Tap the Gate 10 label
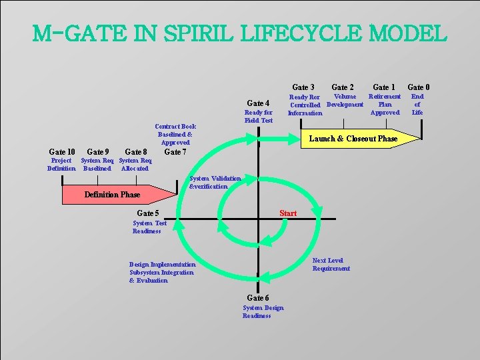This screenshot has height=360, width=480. click(x=62, y=152)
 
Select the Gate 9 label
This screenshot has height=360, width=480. click(x=98, y=152)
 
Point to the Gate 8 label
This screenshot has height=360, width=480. click(x=136, y=152)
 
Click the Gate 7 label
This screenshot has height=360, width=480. click(x=175, y=152)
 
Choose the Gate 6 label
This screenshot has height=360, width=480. click(x=258, y=297)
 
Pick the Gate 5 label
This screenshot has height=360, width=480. click(x=148, y=213)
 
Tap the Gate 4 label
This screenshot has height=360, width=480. click(x=258, y=103)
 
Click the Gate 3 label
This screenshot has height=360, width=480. click(x=303, y=87)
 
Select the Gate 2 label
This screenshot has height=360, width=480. click(x=343, y=87)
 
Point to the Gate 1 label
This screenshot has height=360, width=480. click(x=384, y=87)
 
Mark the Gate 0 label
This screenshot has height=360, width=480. click(x=419, y=87)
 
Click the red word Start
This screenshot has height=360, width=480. click(x=288, y=213)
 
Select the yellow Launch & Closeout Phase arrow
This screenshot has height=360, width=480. click(x=353, y=139)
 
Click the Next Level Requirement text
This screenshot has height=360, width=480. click(x=331, y=265)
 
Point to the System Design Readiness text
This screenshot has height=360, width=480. click(x=263, y=312)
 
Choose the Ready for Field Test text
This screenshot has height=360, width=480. click(x=259, y=117)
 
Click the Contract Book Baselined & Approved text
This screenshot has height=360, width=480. click(x=175, y=134)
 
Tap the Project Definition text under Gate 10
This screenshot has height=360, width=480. click(x=61, y=165)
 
